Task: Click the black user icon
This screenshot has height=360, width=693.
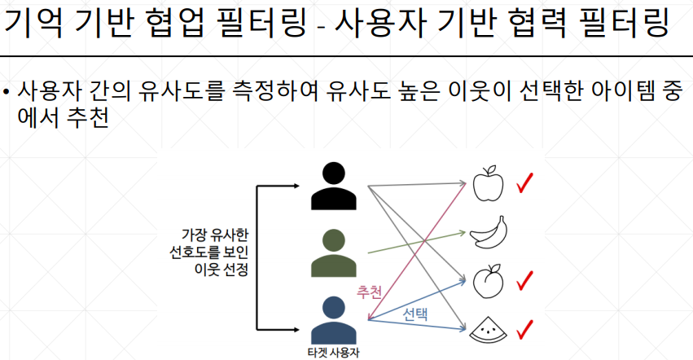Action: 333,187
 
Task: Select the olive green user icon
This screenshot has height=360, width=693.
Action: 333,253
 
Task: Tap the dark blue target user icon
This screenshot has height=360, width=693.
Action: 333,321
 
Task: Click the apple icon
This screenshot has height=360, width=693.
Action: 489,185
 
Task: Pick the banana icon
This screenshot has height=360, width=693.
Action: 489,234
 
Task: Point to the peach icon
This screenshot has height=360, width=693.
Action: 489,281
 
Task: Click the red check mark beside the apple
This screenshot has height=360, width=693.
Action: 524,184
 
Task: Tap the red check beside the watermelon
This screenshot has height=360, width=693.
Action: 524,329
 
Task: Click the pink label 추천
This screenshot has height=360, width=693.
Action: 370,291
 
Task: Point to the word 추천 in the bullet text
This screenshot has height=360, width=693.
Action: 90,119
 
